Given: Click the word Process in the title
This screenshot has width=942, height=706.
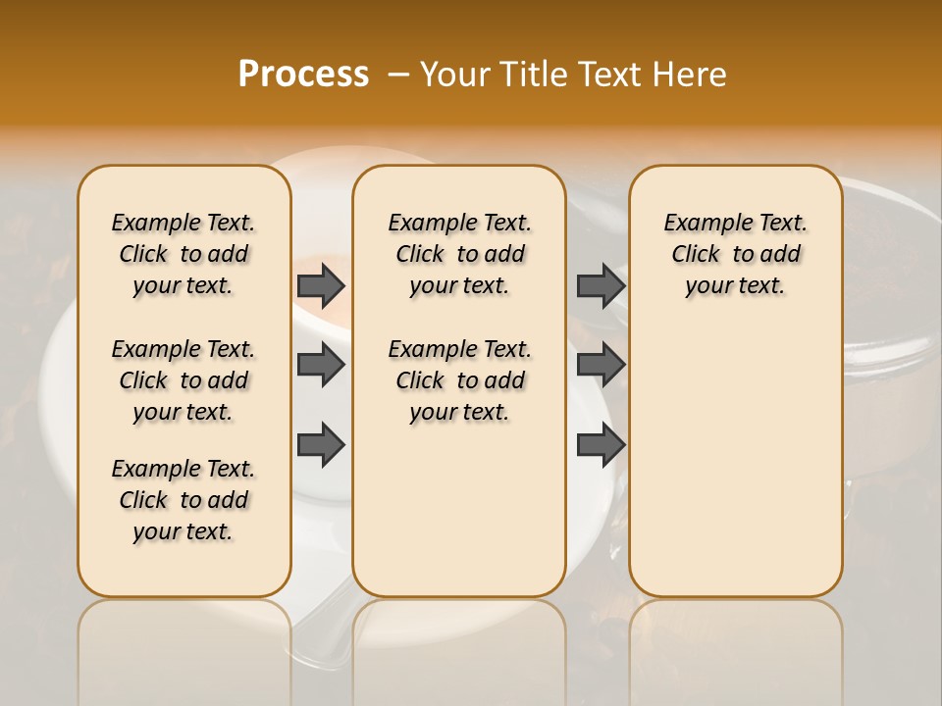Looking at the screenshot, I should pyautogui.click(x=303, y=75).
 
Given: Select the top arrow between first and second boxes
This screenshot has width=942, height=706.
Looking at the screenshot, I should pyautogui.click(x=321, y=285).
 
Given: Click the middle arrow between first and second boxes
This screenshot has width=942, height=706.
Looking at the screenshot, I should pyautogui.click(x=321, y=365).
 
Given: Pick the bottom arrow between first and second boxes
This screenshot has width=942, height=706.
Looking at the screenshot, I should pyautogui.click(x=321, y=444).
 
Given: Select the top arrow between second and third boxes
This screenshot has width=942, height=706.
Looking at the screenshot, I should pyautogui.click(x=601, y=285).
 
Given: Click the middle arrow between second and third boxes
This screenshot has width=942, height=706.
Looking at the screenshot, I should pyautogui.click(x=601, y=365).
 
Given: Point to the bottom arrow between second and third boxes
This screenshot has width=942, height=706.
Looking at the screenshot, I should pyautogui.click(x=601, y=444).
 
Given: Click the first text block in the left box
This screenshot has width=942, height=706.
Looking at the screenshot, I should pyautogui.click(x=183, y=254).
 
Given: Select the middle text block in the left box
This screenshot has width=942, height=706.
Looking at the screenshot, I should pyautogui.click(x=183, y=380).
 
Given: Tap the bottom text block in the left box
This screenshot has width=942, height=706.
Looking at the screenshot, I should pyautogui.click(x=183, y=500).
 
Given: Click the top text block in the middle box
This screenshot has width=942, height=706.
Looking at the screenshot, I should pyautogui.click(x=459, y=254).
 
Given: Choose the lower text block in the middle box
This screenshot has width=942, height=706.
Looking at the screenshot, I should pyautogui.click(x=459, y=380).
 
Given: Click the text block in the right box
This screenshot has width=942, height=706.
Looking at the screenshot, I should pyautogui.click(x=735, y=254).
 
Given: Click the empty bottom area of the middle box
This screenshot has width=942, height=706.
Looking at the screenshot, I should pyautogui.click(x=459, y=520).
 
